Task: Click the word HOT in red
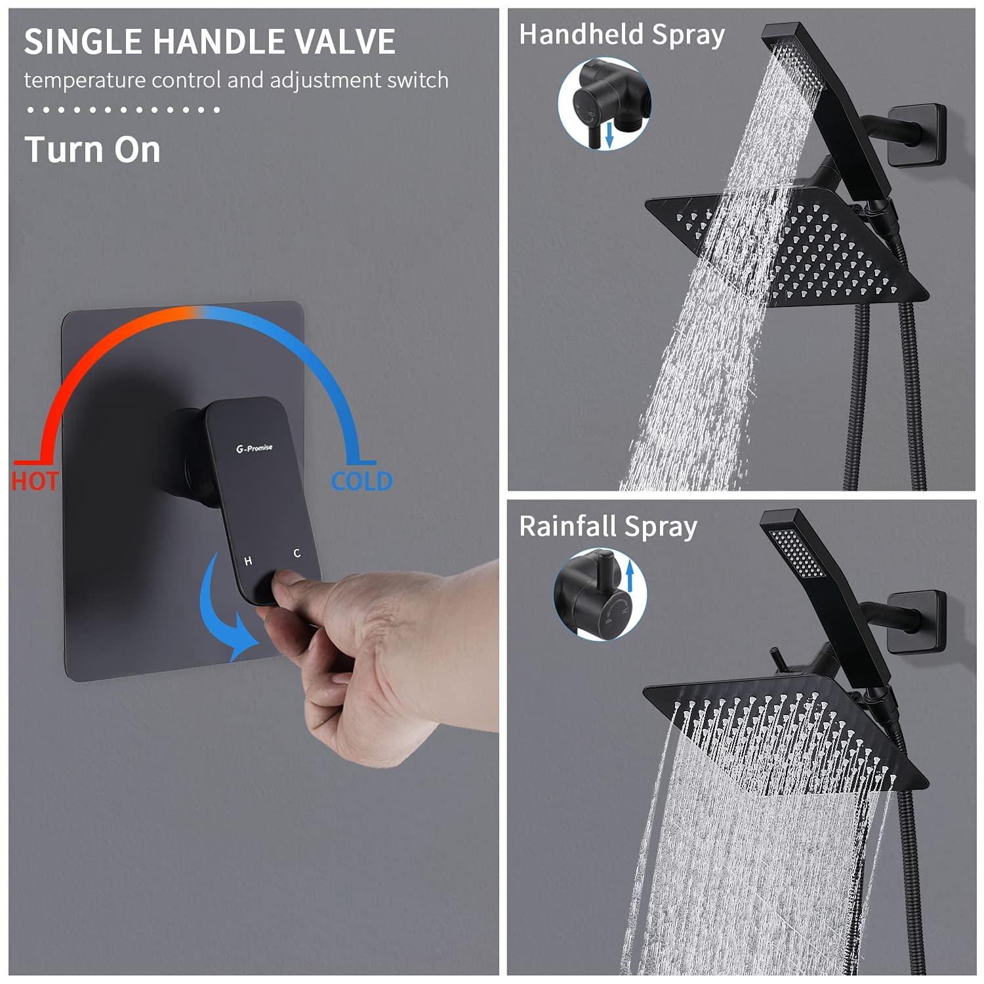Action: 35,482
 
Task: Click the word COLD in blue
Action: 361,482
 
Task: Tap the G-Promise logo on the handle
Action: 255,448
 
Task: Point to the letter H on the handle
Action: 248,561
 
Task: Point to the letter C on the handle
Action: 297,554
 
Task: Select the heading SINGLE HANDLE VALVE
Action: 210,41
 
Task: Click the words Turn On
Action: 92,150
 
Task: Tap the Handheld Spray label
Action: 621,35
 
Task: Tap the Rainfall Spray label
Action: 607,527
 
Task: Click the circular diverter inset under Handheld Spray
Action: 604,103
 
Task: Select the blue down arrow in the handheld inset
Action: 609,136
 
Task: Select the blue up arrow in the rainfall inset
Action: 630,579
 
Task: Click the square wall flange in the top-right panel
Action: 916,136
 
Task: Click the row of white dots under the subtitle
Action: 123,110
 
